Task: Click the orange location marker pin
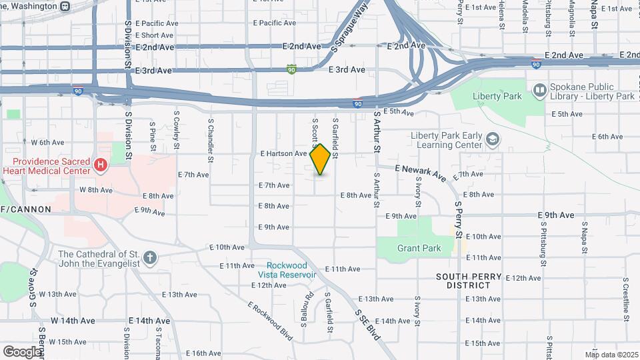point(320,159)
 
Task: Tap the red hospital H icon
point(101,165)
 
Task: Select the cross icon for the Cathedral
point(151,257)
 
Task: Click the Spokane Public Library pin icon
point(539,89)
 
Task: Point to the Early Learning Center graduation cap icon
point(493,139)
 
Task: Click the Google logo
point(22,351)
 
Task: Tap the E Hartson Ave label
point(283,153)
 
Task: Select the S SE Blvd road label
point(367,325)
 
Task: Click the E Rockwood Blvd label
point(270,321)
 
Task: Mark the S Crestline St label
point(626,299)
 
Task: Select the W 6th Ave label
point(48,142)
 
